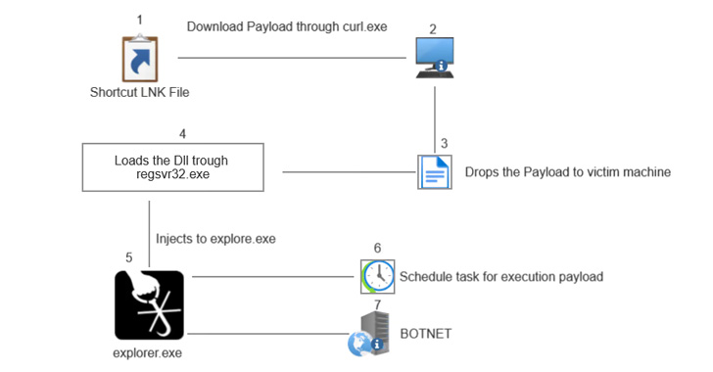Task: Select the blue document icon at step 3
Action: tap(433, 172)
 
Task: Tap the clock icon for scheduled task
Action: tap(377, 277)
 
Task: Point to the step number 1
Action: tap(139, 20)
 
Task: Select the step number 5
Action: tap(129, 257)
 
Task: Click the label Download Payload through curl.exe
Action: tap(287, 26)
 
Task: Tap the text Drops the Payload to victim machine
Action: tap(568, 172)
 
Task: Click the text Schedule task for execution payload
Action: tap(500, 277)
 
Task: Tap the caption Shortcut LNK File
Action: tap(139, 93)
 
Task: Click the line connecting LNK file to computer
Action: tap(291, 59)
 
